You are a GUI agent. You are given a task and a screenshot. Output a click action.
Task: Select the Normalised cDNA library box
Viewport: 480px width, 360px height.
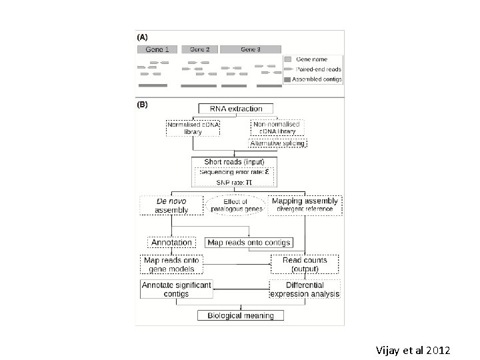click(193, 127)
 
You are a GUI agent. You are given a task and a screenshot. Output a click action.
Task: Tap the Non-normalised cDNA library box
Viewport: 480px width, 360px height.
click(277, 127)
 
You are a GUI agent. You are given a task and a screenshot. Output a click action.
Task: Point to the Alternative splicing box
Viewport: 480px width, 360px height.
click(277, 143)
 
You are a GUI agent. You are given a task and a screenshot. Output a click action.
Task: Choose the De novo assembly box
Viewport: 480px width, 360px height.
click(171, 205)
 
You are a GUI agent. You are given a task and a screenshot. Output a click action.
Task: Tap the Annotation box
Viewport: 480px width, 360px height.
click(171, 243)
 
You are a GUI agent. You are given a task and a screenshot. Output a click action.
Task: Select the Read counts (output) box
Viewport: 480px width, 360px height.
click(305, 264)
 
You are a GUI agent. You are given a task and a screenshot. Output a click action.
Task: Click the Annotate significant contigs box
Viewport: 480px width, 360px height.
click(175, 289)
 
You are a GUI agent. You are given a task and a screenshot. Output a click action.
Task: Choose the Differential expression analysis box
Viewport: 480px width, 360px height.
click(305, 289)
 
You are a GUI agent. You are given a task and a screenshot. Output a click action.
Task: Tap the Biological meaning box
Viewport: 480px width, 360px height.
click(240, 315)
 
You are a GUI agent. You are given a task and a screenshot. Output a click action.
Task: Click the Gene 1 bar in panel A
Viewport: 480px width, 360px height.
click(157, 49)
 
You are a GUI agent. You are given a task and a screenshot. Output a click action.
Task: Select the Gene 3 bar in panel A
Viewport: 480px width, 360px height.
click(250, 49)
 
